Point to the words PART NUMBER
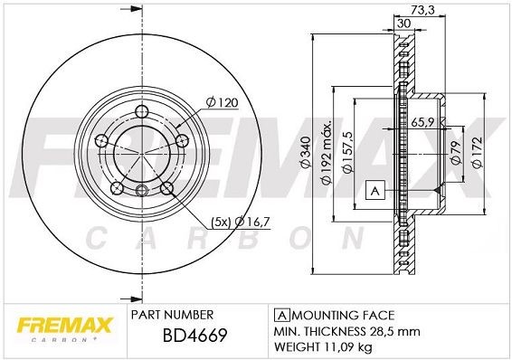[x=172, y=314]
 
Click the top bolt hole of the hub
[x=143, y=112]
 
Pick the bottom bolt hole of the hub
[x=143, y=189]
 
